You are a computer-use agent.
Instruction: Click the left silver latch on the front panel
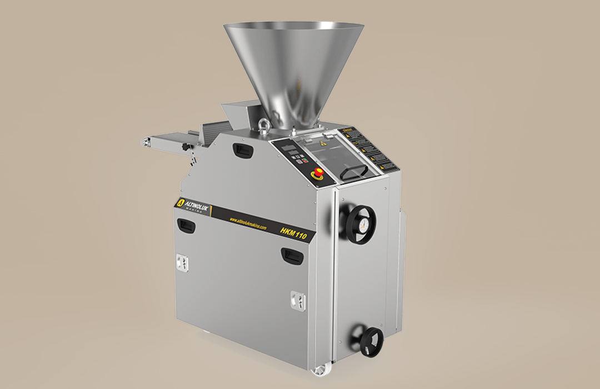[x=181, y=262]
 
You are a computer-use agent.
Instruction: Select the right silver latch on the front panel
[x=298, y=300]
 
